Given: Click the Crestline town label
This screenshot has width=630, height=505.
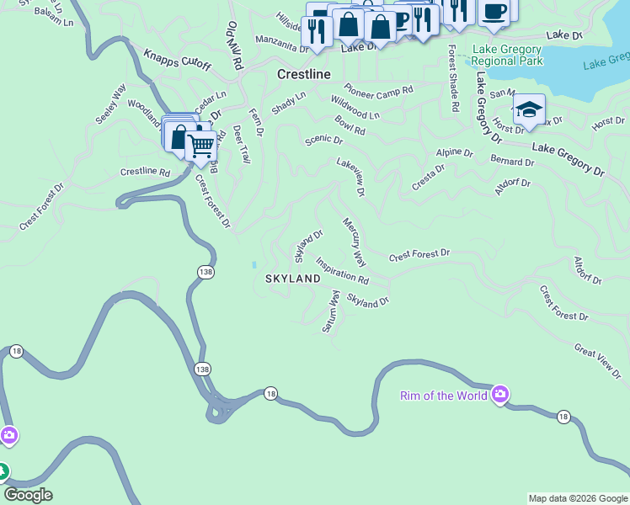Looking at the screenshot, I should click(303, 75).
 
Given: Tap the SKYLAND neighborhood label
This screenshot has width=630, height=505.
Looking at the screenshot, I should click(293, 279).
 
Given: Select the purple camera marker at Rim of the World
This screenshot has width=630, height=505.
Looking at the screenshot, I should click(499, 395).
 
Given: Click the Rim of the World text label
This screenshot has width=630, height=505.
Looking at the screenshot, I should click(443, 396).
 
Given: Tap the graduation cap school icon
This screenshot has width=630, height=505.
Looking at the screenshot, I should click(529, 109).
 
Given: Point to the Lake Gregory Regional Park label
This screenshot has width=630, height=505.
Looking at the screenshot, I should click(506, 56).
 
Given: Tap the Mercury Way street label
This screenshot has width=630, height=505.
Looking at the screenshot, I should click(354, 241).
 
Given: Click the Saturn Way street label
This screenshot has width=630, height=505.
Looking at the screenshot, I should click(330, 312).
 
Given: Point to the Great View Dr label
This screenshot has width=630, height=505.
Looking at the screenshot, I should click(597, 359).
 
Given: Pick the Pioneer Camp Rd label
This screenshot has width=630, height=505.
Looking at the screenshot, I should click(378, 89).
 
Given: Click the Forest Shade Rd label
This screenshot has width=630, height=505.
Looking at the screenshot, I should click(452, 78).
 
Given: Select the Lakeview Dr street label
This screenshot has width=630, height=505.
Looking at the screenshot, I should click(350, 177).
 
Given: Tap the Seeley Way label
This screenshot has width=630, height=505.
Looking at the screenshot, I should click(110, 104).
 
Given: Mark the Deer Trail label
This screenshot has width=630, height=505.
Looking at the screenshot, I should click(241, 145).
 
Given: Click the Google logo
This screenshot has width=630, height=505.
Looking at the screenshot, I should click(29, 495).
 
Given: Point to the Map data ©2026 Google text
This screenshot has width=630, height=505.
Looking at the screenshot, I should click(577, 498).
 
